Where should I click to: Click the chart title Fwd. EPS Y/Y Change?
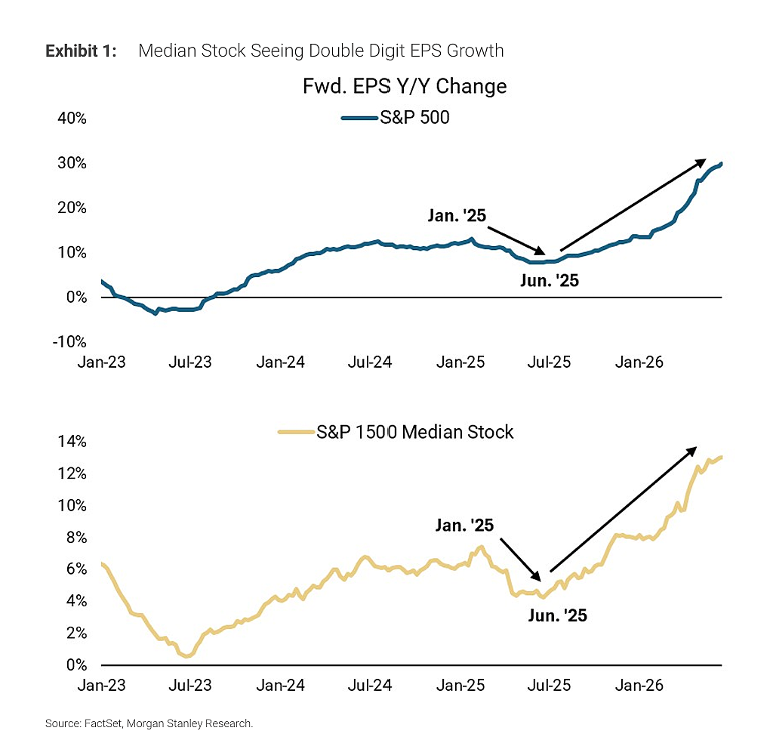(x=405, y=86)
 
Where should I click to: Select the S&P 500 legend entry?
(x=396, y=117)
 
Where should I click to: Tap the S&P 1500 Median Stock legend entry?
(x=396, y=432)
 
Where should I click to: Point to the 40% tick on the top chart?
(x=72, y=119)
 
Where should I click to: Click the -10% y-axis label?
(x=69, y=341)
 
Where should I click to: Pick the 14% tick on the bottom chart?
(x=72, y=441)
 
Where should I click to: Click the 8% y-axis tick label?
(x=76, y=538)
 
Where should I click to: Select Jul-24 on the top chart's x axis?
(x=370, y=362)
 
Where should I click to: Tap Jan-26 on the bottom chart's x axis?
(x=639, y=686)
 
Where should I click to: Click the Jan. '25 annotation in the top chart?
(x=457, y=215)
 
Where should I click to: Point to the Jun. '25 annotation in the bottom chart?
(x=558, y=615)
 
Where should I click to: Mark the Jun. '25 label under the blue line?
(x=550, y=280)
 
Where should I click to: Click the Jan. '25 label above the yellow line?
(x=464, y=525)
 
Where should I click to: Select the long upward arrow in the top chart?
(x=633, y=205)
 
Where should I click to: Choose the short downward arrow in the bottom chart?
(x=521, y=559)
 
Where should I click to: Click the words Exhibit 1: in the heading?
(x=81, y=51)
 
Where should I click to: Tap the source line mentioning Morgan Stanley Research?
(x=149, y=723)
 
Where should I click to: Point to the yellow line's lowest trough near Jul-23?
(x=187, y=656)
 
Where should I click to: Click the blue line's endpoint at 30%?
(x=721, y=164)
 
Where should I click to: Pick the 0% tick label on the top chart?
(x=76, y=298)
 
